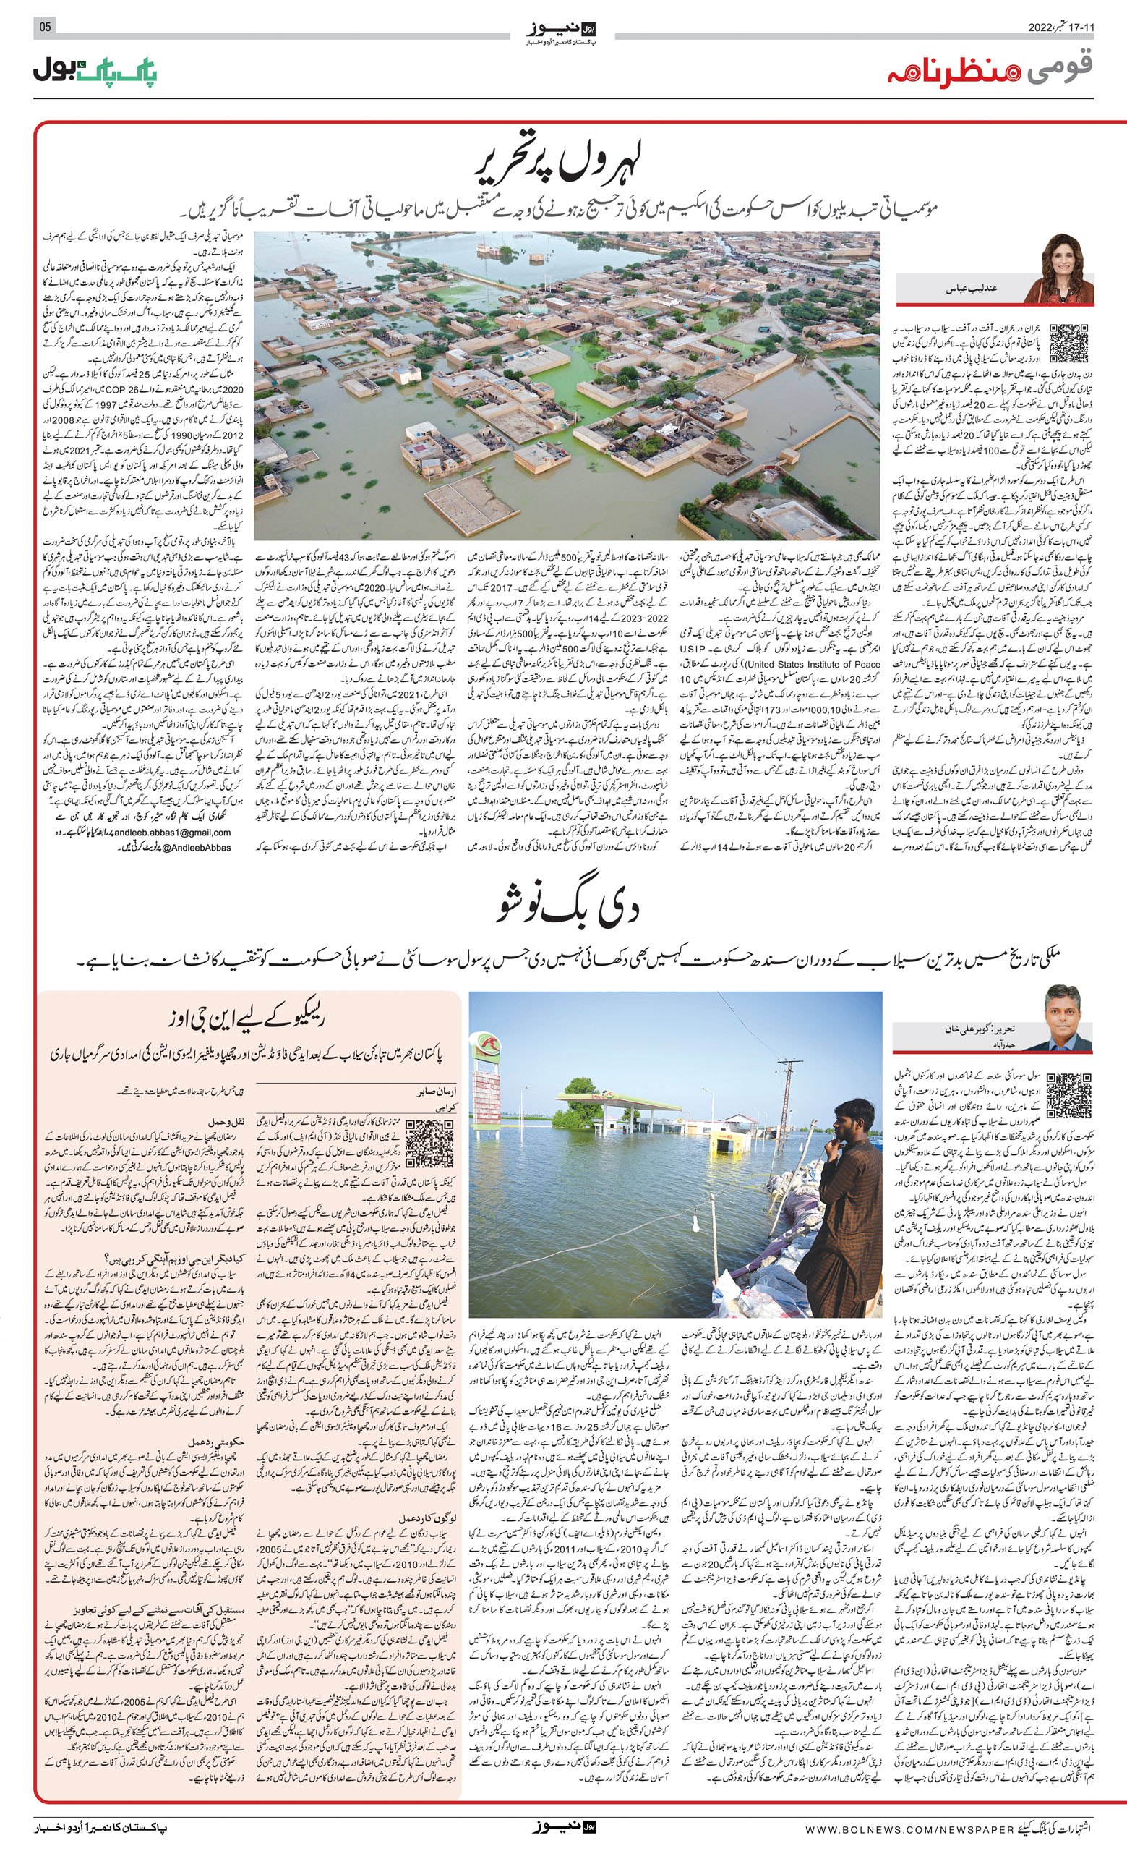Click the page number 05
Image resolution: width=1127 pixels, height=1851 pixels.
(x=45, y=27)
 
